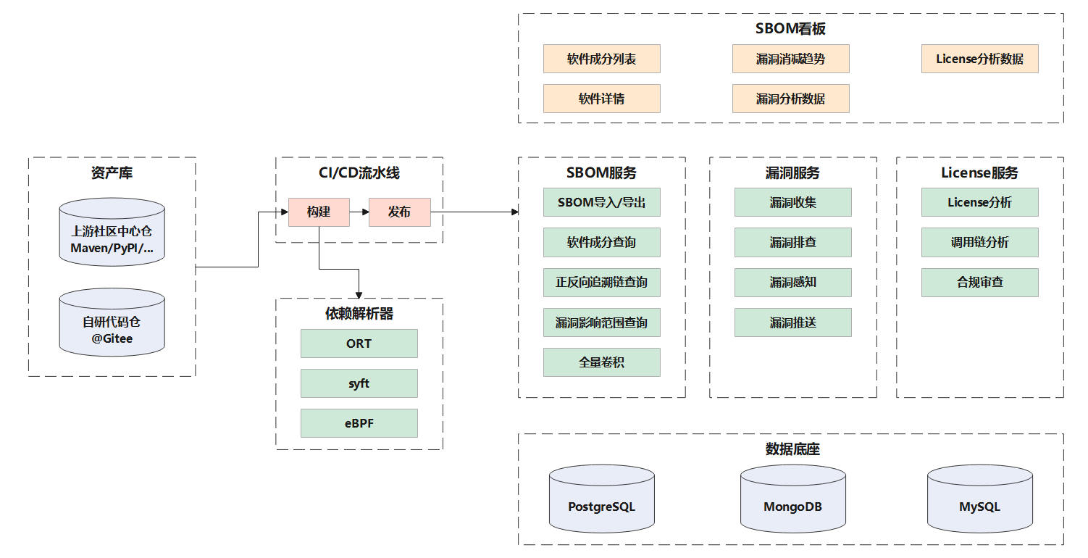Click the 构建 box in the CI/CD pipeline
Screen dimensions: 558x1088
[319, 212]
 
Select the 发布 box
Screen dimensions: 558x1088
[399, 212]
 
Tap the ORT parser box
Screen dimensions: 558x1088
[359, 343]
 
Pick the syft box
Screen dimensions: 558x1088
[359, 383]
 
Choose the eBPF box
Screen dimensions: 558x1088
[359, 423]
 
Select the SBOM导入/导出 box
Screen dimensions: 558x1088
[601, 202]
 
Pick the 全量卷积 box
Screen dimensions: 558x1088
[601, 362]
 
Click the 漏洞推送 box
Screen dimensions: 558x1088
[792, 322]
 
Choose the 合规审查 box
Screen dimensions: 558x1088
[979, 283]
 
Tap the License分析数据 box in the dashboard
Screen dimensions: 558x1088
[979, 59]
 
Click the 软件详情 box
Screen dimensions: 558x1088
[601, 99]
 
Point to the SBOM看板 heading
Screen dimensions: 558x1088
[790, 29]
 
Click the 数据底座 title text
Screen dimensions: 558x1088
[792, 449]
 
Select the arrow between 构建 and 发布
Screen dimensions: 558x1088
[359, 212]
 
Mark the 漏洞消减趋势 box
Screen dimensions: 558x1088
[790, 59]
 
